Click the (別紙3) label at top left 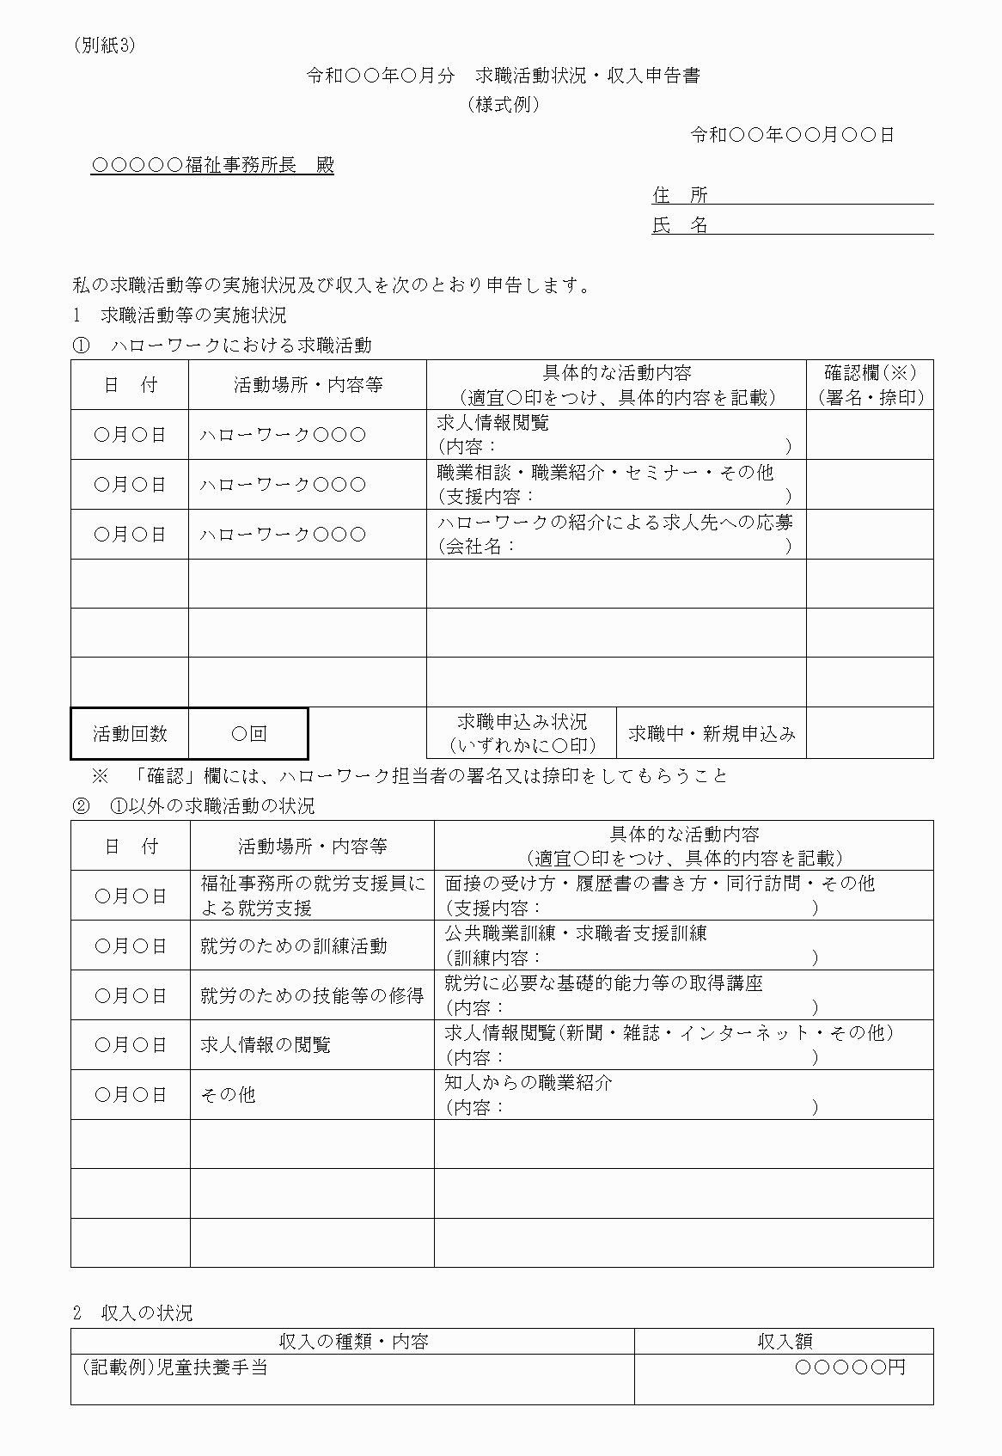(105, 46)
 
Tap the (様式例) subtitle (504, 105)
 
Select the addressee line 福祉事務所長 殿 (212, 165)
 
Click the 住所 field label (680, 195)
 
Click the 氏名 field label (680, 225)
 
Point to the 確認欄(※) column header (870, 384)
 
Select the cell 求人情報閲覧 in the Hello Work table (615, 434)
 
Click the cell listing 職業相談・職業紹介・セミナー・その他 (615, 484)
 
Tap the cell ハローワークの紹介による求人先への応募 (615, 534)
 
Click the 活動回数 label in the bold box (130, 733)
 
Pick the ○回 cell (249, 733)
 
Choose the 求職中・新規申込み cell (712, 733)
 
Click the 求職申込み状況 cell (522, 733)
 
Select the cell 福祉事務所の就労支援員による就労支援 (311, 896)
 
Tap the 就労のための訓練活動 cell (294, 945)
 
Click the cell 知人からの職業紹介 (683, 1094)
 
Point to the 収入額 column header (784, 1341)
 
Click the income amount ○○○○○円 (850, 1367)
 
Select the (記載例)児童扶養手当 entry (175, 1367)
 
